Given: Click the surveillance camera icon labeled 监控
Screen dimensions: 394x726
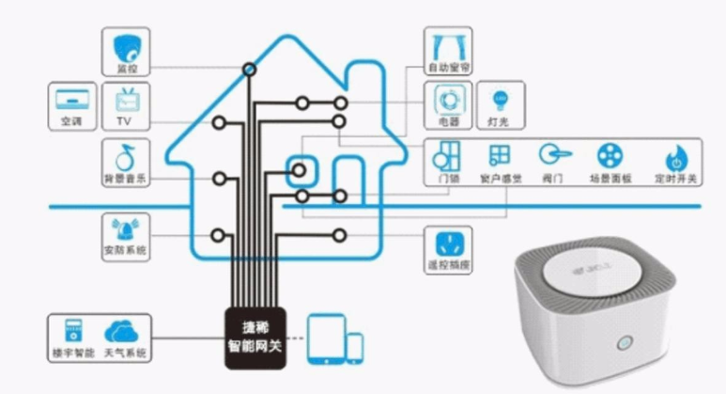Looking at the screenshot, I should [x=126, y=47].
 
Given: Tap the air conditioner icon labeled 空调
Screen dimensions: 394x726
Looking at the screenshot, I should [x=71, y=100].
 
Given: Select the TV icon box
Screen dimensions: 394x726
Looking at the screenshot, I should [x=126, y=100].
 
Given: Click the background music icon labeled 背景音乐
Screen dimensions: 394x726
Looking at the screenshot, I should [x=125, y=155].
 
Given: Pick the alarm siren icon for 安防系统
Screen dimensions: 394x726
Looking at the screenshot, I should [x=125, y=229].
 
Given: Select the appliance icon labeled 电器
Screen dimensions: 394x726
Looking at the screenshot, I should [x=446, y=99].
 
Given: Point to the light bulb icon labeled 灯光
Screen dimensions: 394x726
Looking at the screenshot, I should [x=499, y=99].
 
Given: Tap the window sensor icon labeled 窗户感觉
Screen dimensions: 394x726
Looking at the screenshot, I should [x=499, y=155].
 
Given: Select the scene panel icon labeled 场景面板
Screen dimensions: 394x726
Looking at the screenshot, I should [x=609, y=155].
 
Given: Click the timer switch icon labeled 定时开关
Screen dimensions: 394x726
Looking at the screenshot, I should [x=674, y=156].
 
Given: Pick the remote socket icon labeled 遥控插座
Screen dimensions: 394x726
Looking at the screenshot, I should [x=447, y=243].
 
